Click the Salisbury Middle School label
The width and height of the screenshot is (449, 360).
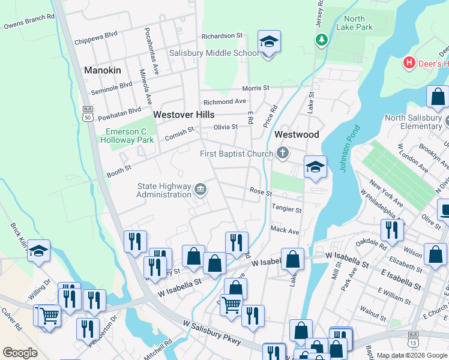(x=214, y=53)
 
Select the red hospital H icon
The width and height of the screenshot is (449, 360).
(x=409, y=63)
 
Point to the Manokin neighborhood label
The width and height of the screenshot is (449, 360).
(x=102, y=70)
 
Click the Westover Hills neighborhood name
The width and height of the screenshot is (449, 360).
(x=184, y=114)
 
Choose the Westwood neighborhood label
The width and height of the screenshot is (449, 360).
(x=297, y=135)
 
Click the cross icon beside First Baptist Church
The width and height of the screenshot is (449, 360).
(x=283, y=154)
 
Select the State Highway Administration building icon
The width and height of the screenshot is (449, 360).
(x=200, y=190)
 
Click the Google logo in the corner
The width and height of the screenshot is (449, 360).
(x=20, y=353)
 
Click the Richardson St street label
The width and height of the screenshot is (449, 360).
(x=221, y=36)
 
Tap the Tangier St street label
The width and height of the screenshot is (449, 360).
(x=286, y=209)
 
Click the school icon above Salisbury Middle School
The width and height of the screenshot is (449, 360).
(x=269, y=42)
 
